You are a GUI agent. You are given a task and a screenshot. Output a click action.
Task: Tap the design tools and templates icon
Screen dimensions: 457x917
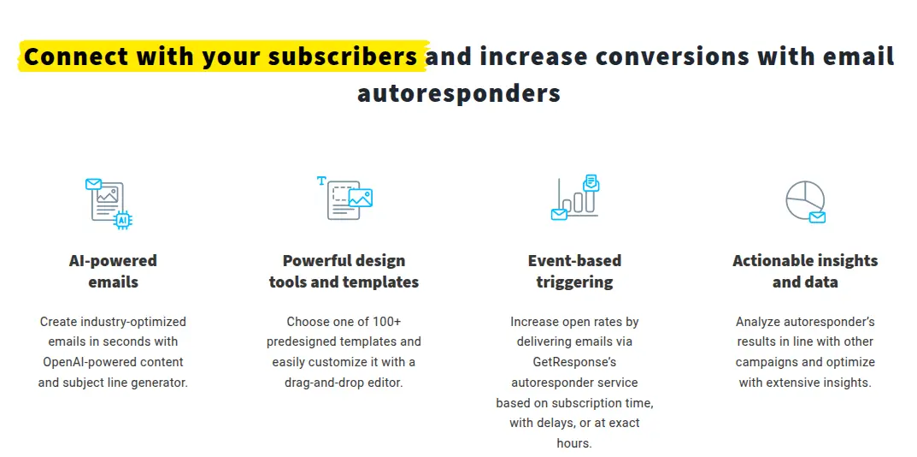click(344, 199)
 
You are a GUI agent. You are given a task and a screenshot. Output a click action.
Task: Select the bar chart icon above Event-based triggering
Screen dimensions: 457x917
click(574, 199)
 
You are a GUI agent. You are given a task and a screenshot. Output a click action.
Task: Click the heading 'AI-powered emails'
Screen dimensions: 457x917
click(113, 271)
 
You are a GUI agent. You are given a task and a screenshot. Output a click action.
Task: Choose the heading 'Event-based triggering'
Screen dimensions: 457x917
click(574, 271)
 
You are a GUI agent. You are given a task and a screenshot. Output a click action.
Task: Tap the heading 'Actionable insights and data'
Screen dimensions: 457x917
click(805, 271)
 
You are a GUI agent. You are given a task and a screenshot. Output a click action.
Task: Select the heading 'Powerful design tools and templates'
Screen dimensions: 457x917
click(344, 271)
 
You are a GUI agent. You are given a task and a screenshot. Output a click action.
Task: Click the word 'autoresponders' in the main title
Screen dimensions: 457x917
click(458, 92)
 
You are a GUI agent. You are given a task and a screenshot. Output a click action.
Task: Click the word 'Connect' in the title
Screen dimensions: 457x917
click(76, 56)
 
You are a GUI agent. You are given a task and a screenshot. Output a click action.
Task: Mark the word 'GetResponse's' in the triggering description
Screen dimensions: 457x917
click(574, 362)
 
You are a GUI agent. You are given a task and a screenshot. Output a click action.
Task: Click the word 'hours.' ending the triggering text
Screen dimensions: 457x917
click(574, 443)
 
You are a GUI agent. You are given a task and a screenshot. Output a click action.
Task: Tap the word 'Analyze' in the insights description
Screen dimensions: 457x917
click(758, 322)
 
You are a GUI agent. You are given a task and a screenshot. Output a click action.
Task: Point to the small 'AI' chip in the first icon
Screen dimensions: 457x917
click(122, 220)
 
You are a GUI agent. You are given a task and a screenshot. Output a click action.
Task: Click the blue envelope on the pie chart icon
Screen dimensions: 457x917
click(817, 217)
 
